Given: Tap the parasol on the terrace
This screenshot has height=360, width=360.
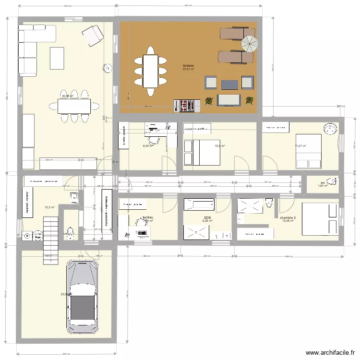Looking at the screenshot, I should pyautogui.click(x=249, y=44).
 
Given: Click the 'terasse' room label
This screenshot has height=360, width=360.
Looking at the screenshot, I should pyautogui.click(x=188, y=65).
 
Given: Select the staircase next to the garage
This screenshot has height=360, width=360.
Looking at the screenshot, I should pyautogui.click(x=50, y=235).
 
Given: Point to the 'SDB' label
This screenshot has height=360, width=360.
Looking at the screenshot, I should pyautogui.click(x=207, y=217).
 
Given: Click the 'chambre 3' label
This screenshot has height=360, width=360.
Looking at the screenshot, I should pyautogui.click(x=288, y=217).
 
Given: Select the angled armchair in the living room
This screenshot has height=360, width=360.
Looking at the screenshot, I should pyautogui.click(x=92, y=36).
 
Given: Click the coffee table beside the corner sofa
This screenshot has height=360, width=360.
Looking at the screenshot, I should pyautogui.click(x=57, y=58).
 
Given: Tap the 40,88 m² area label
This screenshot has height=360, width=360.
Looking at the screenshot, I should pyautogui.click(x=67, y=96).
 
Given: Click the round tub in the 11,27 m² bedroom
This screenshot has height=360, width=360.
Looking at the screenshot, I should pyautogui.click(x=330, y=129).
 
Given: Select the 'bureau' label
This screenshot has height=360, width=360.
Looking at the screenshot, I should pyautogui.click(x=147, y=217).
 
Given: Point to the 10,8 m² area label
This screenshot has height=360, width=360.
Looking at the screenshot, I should pyautogui.click(x=220, y=146).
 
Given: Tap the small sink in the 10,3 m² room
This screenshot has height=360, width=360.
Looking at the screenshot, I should pyautogui.click(x=74, y=197).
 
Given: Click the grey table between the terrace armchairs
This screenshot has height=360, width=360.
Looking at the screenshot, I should pyautogui.click(x=229, y=84).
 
